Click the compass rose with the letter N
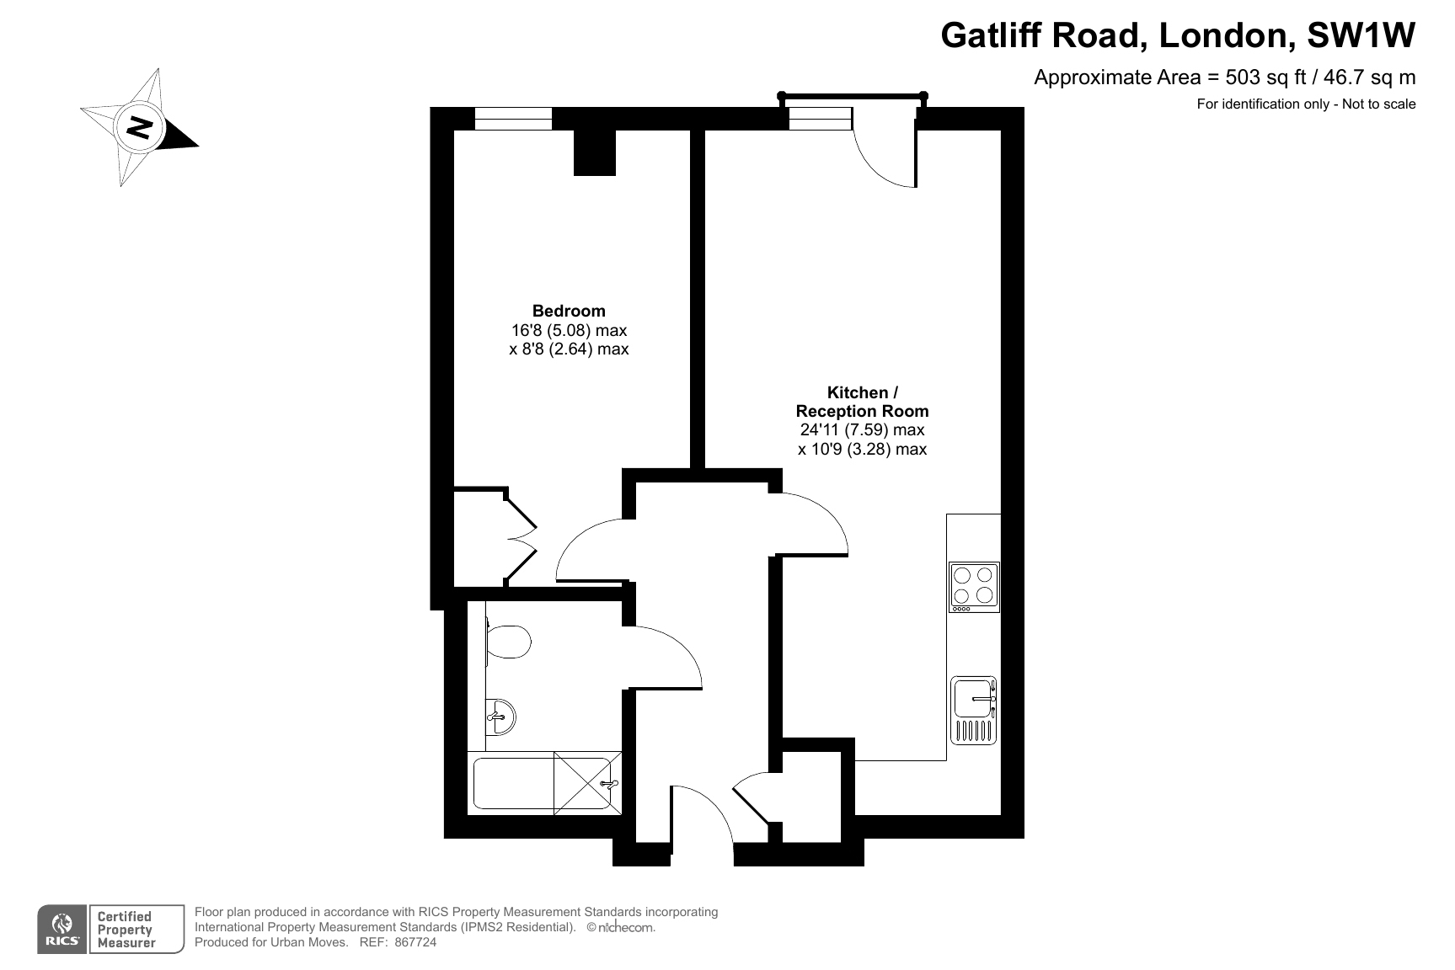(x=139, y=127)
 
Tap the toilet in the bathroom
(x=508, y=642)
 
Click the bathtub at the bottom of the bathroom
(x=543, y=784)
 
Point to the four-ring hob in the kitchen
(x=974, y=587)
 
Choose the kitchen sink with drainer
(x=974, y=710)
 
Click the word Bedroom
(x=569, y=311)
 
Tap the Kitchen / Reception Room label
(x=862, y=402)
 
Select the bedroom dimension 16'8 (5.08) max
(x=569, y=330)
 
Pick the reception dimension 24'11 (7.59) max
(x=862, y=430)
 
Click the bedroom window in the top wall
(x=513, y=119)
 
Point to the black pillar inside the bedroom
(x=595, y=152)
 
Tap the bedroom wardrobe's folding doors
(x=522, y=539)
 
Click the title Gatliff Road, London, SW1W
(x=1178, y=35)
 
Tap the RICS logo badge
(x=110, y=930)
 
